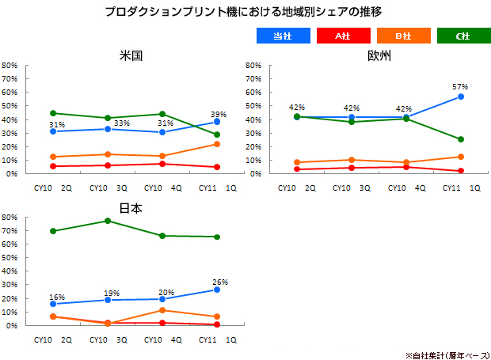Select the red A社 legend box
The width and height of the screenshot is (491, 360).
tap(342, 36)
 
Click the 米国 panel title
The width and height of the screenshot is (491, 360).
tap(131, 56)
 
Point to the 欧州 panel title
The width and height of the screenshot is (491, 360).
tap(379, 56)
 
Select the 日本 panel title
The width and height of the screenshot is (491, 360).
tap(131, 207)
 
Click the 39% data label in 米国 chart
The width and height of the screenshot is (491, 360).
tap(219, 115)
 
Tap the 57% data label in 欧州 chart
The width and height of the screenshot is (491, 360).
tap(460, 87)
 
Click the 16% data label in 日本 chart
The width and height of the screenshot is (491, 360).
tap(56, 297)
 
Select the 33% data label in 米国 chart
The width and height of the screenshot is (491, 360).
tap(121, 123)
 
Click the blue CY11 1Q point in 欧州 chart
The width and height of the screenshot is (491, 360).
tap(460, 97)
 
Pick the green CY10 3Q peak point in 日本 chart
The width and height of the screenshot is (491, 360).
tap(108, 221)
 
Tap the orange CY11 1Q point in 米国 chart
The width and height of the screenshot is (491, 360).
tap(216, 144)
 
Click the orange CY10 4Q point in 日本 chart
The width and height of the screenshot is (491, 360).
tap(162, 310)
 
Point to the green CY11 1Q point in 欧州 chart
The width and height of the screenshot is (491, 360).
tap(460, 139)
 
